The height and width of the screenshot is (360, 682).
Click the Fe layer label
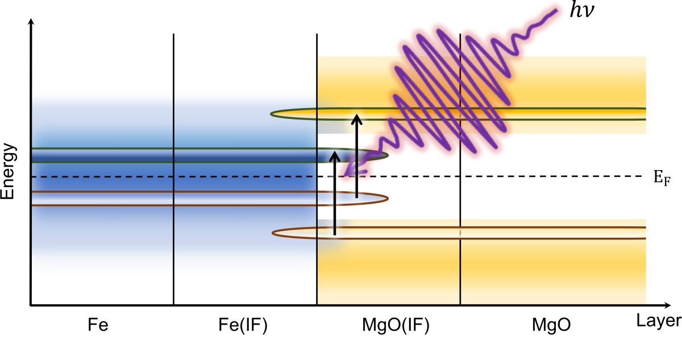pyautogui.click(x=98, y=325)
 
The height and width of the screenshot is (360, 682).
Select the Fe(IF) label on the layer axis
pyautogui.click(x=243, y=325)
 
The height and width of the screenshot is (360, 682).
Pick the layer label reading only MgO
pyautogui.click(x=551, y=325)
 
